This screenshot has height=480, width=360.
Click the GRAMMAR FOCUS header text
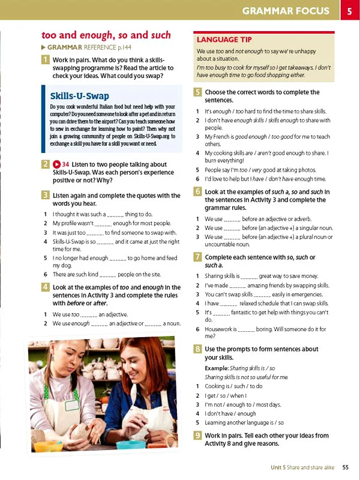pos(285,11)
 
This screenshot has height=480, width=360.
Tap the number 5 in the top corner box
pos(349,11)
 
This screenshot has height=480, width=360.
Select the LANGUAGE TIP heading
pos(224,40)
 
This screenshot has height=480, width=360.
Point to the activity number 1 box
pos(46,60)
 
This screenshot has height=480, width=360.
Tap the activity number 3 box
pos(46,195)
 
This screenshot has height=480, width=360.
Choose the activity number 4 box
pos(46,287)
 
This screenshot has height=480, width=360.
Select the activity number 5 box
pos(197,92)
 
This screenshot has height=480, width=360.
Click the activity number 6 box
pos(197,191)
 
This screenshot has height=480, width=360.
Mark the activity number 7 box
pos(197,257)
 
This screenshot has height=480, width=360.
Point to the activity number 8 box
pos(197,349)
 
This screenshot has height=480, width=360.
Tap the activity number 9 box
pos(197,436)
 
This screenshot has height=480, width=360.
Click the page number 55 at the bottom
pos(346,467)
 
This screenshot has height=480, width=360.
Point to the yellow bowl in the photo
pos(47,446)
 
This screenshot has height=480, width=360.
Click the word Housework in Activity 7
pos(220,329)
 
